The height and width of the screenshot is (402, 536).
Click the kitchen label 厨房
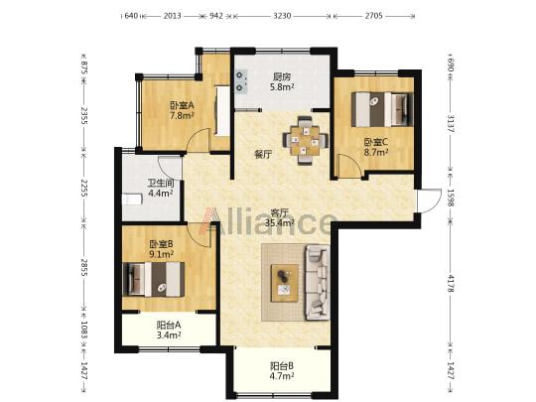pyautogui.click(x=282, y=76)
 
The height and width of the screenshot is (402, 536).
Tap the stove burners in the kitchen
pyautogui.click(x=240, y=81)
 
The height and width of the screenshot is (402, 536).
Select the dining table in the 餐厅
pyautogui.click(x=305, y=141)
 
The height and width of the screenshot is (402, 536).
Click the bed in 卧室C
pyautogui.click(x=382, y=109)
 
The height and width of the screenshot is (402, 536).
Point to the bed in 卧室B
pyautogui.click(x=154, y=279)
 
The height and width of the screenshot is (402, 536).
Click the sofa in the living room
pyautogui.click(x=317, y=282)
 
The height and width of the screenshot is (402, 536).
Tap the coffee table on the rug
pyautogui.click(x=285, y=283)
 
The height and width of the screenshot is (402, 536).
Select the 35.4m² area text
pyautogui.click(x=280, y=223)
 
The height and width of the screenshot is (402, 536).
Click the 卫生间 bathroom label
pyautogui.click(x=161, y=184)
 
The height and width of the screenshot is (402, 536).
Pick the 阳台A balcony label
pyautogui.click(x=169, y=326)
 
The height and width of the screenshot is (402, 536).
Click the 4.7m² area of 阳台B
pyautogui.click(x=282, y=376)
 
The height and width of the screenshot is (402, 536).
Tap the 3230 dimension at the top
pyautogui.click(x=282, y=16)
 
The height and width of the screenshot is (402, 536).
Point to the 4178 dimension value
pyautogui.click(x=451, y=283)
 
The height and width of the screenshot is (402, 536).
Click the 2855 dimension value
pyautogui.click(x=84, y=267)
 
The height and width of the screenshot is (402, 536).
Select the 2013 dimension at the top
pyautogui.click(x=172, y=16)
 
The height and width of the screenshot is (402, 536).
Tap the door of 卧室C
pyautogui.click(x=348, y=166)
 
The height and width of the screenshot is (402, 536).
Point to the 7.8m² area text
pyautogui.click(x=182, y=115)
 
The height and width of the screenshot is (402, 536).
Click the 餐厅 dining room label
pyautogui.click(x=263, y=155)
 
